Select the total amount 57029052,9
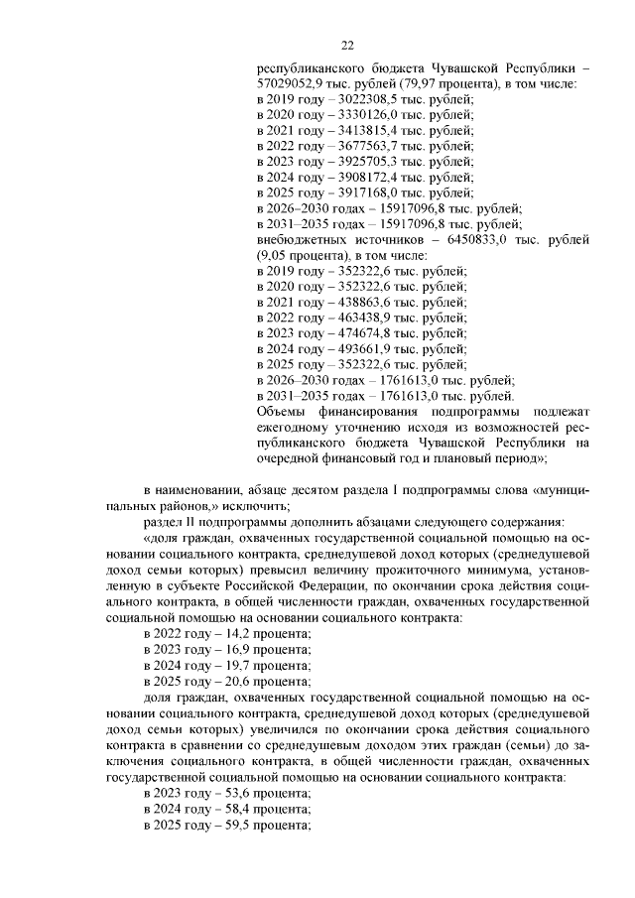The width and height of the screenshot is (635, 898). click(292, 85)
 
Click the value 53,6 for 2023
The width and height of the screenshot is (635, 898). click(241, 794)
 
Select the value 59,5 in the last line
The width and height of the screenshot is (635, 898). click(241, 826)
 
